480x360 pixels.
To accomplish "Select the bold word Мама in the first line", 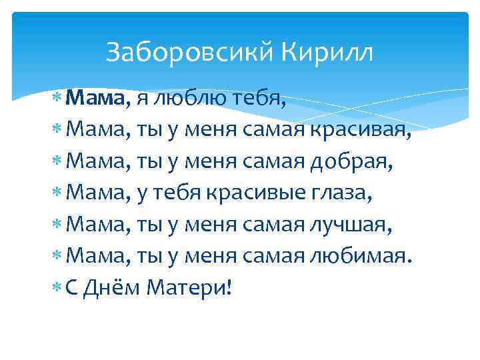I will point(95,99).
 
